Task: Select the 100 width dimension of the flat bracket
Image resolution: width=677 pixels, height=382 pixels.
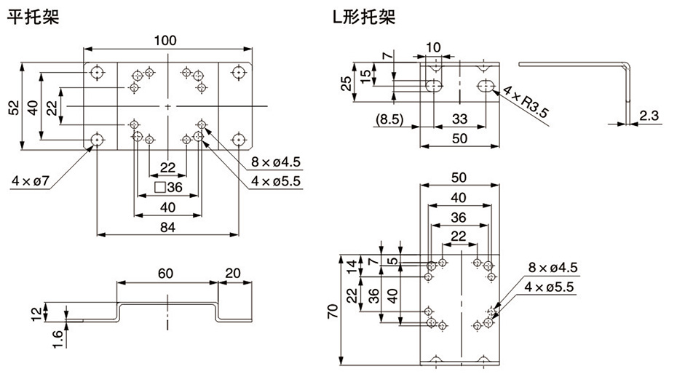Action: (x=168, y=41)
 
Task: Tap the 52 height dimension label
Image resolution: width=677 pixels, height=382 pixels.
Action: (x=13, y=107)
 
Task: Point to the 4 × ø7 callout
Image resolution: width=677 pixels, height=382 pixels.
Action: (x=30, y=179)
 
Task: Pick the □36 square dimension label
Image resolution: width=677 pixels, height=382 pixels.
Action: (x=168, y=187)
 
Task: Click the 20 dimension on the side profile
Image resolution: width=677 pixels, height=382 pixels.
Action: (x=235, y=273)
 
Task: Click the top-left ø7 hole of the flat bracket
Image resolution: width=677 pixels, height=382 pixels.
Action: (x=97, y=73)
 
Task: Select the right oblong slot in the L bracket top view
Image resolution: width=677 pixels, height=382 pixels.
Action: (x=486, y=86)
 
